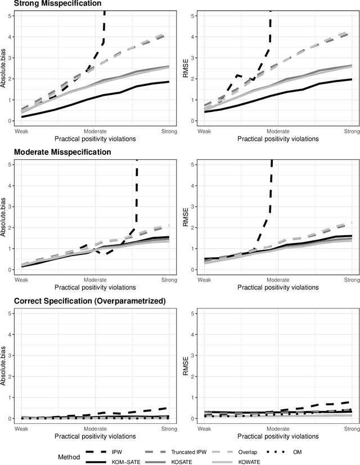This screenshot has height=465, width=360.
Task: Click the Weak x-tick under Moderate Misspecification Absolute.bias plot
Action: (21, 280)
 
